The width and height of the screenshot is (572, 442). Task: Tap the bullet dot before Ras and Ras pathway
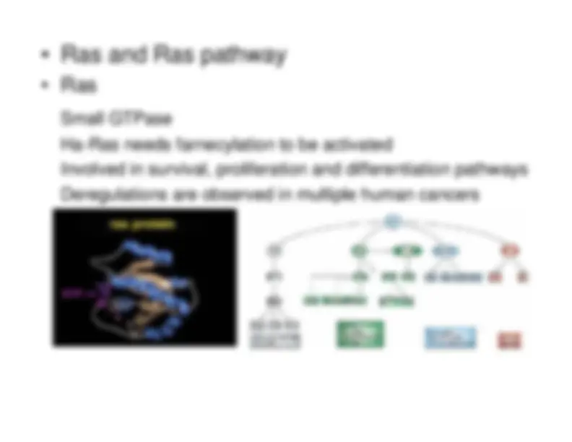(x=45, y=56)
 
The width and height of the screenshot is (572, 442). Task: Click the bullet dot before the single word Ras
(x=45, y=86)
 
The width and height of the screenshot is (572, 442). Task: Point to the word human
(x=390, y=195)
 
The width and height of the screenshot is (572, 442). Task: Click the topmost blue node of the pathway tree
(x=391, y=222)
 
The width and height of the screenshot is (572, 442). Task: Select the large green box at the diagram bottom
(x=360, y=334)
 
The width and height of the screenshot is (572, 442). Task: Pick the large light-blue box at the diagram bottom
(x=450, y=337)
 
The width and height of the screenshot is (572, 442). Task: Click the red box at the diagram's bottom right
(x=508, y=339)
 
